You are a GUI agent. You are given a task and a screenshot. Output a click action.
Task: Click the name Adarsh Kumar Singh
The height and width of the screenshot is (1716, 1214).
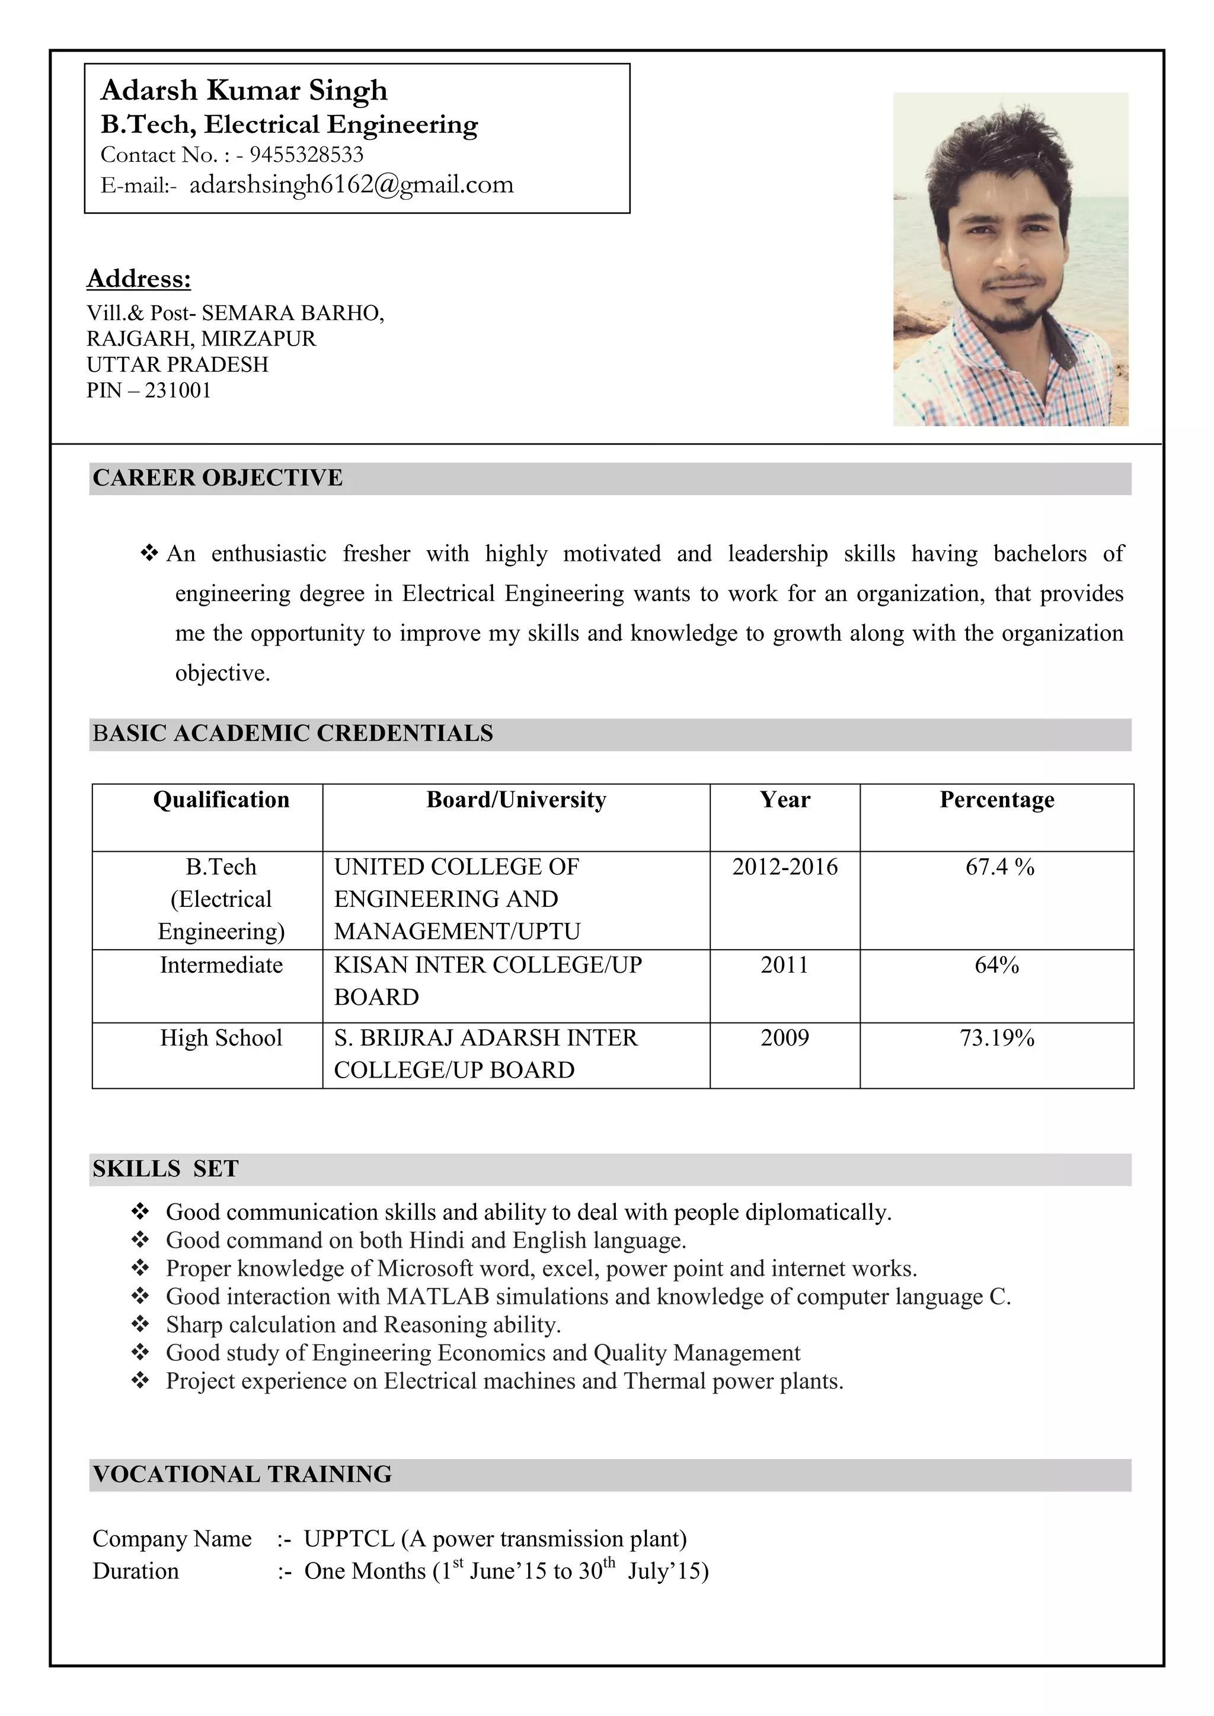[244, 91]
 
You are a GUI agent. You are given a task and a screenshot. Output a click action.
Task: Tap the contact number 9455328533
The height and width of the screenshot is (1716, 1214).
[306, 155]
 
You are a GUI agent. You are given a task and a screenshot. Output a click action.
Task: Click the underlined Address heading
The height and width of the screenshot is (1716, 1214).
[139, 278]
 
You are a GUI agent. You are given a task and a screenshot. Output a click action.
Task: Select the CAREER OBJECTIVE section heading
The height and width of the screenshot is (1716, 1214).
[218, 478]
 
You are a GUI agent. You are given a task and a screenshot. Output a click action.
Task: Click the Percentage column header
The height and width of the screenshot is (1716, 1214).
[996, 800]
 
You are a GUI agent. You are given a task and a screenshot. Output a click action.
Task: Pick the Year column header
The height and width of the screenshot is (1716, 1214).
[784, 800]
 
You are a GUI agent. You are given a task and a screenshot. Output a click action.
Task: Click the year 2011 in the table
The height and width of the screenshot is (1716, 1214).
[784, 965]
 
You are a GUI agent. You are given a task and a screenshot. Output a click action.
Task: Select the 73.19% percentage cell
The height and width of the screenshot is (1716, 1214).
[996, 1037]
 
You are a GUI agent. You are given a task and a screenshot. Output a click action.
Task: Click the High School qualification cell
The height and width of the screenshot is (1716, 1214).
[221, 1037]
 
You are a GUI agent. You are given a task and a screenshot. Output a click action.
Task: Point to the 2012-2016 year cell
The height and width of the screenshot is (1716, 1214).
[784, 867]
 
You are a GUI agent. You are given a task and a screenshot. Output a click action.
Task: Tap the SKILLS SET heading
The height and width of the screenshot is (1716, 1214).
[165, 1168]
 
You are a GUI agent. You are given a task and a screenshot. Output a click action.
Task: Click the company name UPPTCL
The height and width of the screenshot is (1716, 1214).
[349, 1538]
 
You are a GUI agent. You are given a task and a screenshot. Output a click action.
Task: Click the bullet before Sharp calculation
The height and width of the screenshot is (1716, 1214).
[140, 1324]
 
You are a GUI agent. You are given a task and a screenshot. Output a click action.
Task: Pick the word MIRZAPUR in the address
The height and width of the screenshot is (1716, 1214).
[258, 338]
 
